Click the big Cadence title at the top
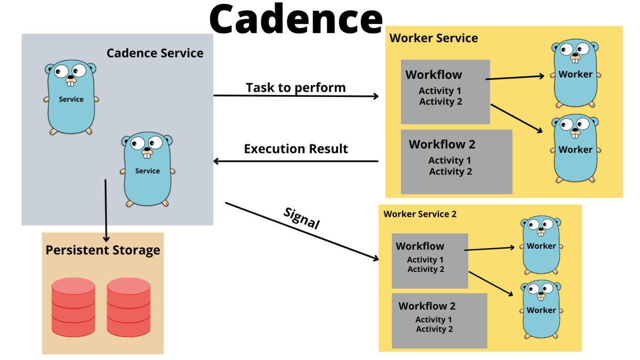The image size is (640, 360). (x=296, y=19)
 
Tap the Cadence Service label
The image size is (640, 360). (x=155, y=53)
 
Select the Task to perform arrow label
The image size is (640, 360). (x=295, y=87)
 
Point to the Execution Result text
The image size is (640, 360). (x=295, y=149)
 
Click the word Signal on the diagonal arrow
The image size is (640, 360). (x=302, y=218)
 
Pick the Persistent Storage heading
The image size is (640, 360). (x=103, y=250)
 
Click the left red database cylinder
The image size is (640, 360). (x=73, y=307)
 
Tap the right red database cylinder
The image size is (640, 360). (x=129, y=307)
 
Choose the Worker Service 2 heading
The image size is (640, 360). (x=420, y=214)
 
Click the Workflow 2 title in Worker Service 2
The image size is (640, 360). (x=427, y=306)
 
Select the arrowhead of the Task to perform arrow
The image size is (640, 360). (x=377, y=97)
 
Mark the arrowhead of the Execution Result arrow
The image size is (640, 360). (x=216, y=162)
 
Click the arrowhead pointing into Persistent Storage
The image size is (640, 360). (x=106, y=239)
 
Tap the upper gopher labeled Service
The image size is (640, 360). (x=71, y=97)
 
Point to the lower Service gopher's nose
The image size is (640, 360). (x=147, y=149)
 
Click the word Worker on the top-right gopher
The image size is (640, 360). (x=575, y=74)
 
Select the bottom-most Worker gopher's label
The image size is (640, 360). (x=541, y=310)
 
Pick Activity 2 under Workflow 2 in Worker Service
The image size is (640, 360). (x=450, y=171)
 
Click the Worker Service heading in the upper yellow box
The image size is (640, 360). (x=434, y=38)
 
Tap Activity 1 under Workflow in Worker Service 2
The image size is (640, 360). (x=425, y=260)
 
